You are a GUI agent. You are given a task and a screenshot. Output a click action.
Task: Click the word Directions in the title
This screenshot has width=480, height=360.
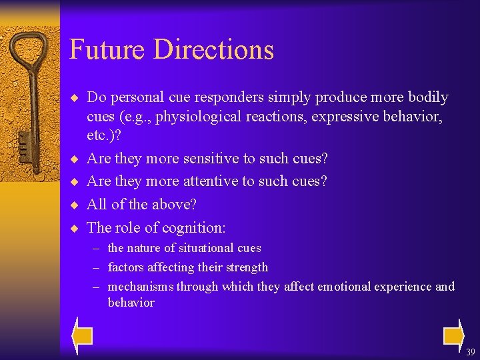[213, 50]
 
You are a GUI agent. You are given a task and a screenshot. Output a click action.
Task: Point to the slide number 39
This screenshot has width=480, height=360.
[471, 352]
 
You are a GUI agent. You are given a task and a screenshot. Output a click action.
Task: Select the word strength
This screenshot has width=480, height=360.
[246, 267]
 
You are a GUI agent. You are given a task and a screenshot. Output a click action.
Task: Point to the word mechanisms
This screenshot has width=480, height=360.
[138, 287]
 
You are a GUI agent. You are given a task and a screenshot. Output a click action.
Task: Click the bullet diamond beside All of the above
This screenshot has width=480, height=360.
[74, 205]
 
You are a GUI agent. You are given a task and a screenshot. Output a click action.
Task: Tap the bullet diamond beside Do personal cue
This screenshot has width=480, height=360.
[74, 98]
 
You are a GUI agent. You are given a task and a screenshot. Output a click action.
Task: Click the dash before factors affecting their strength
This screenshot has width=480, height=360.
[97, 267]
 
